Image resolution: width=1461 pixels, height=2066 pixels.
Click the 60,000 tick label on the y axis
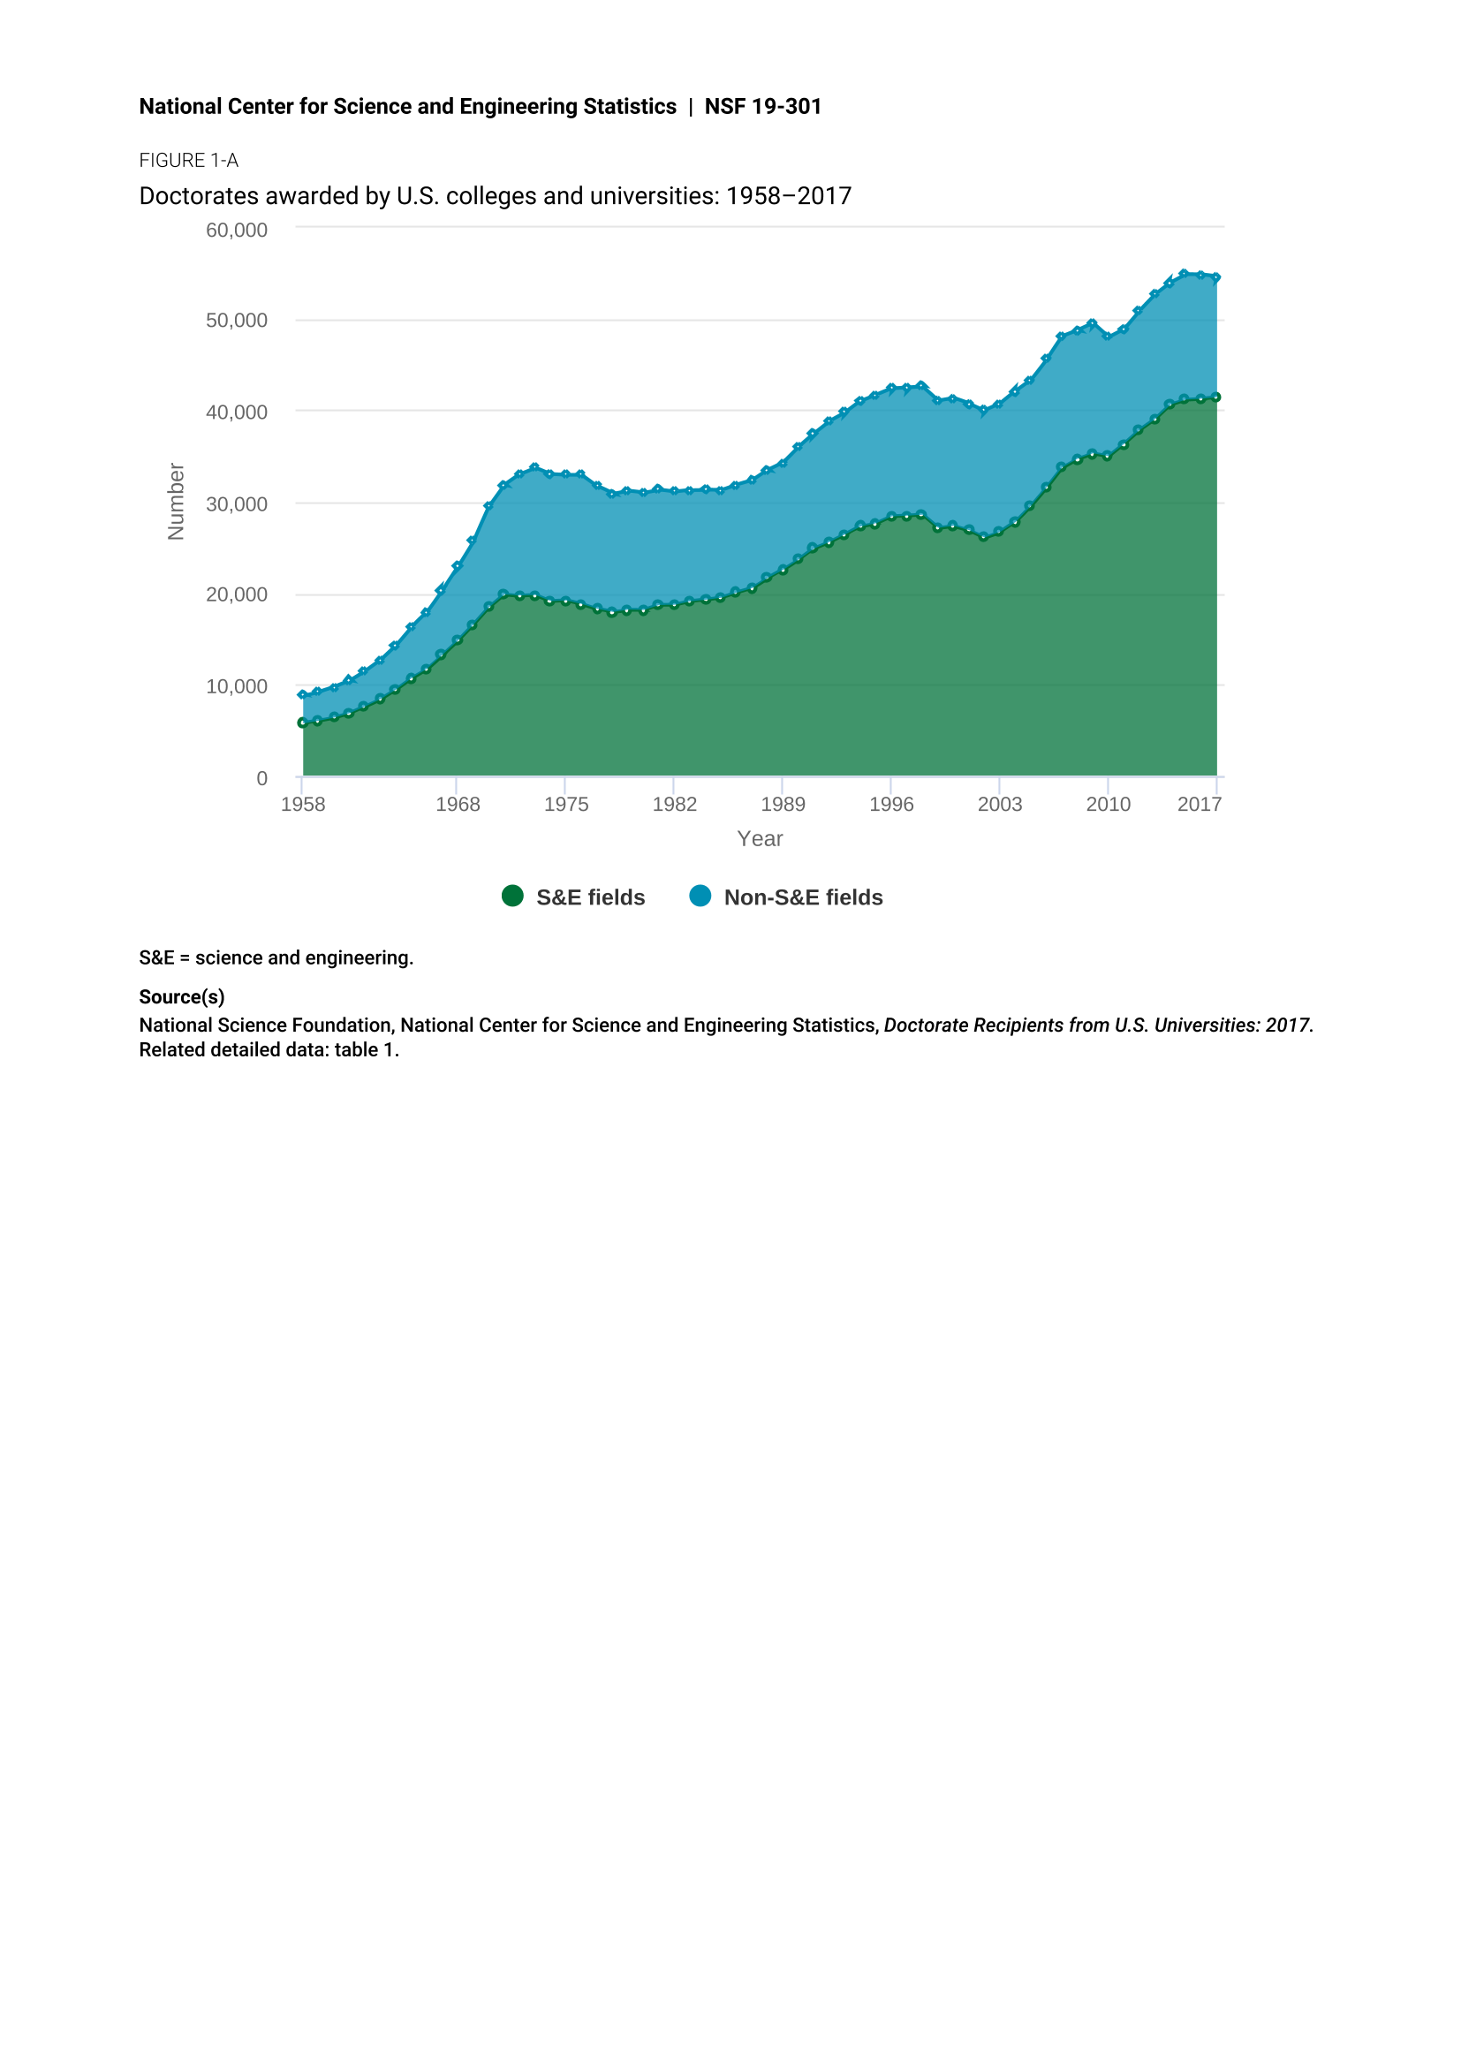237,231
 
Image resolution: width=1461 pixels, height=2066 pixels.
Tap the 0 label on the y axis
261,779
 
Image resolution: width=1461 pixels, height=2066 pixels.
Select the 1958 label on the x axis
303,805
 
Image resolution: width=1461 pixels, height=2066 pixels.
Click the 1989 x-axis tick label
783,805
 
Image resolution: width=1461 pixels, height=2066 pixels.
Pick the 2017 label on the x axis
1200,805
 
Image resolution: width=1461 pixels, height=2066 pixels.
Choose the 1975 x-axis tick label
566,805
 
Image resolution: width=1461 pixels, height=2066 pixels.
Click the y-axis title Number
177,502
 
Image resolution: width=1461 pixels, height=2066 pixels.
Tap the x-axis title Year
761,838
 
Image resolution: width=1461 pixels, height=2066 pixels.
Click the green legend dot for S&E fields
513,897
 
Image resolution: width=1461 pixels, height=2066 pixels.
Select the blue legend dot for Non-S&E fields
700,897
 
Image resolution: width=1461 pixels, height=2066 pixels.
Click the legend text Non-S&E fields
803,898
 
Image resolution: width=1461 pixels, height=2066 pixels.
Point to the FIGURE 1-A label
189,161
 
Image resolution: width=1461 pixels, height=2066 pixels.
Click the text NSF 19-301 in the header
763,107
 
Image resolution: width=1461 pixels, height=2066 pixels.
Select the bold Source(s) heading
182,997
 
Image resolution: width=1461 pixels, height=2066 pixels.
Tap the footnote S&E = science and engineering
276,958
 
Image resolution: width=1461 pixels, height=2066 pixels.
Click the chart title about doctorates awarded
496,196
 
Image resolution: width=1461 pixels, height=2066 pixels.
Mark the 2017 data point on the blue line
1216,278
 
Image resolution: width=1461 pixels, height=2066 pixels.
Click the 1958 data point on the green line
303,723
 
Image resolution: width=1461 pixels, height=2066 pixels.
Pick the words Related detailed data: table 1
269,1050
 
